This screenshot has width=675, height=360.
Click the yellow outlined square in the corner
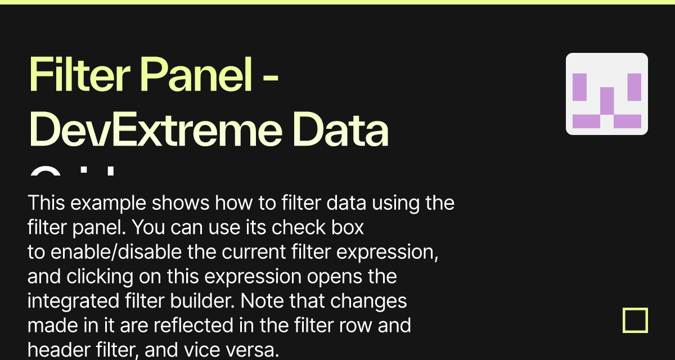(636, 321)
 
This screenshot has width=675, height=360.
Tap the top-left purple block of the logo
(579, 87)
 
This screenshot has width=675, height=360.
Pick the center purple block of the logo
(607, 100)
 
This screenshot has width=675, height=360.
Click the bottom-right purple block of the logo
(628, 121)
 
